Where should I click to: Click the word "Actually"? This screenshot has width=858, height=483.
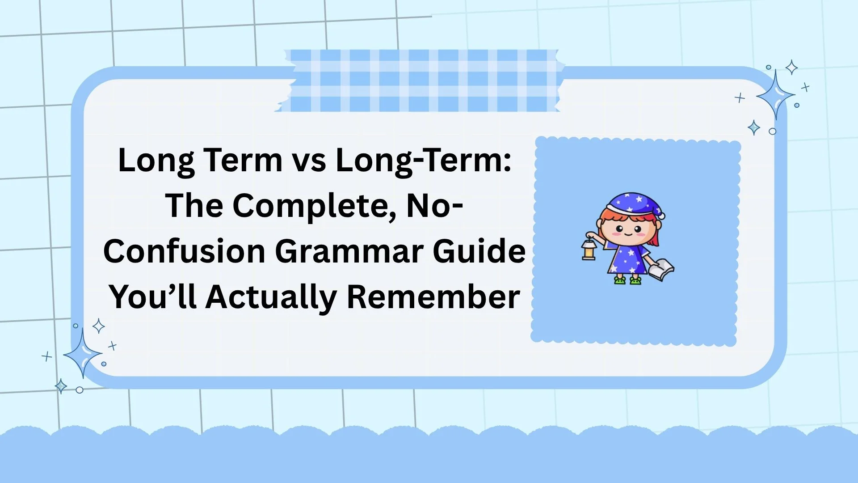click(271, 297)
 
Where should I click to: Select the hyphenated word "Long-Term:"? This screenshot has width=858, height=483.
click(423, 160)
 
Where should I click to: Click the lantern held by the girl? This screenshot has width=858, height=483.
click(589, 250)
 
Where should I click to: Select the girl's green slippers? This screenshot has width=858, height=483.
click(627, 280)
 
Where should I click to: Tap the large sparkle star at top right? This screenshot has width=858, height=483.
click(776, 95)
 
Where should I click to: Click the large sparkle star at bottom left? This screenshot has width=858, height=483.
click(82, 354)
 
